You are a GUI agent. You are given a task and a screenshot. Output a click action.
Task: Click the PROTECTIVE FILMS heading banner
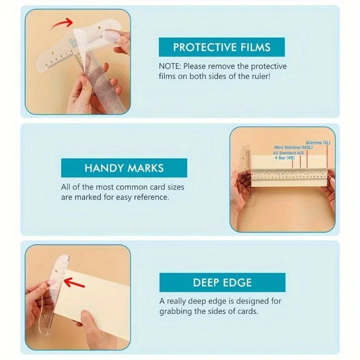(222, 47)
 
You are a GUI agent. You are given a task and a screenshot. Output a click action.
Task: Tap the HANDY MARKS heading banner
(124, 168)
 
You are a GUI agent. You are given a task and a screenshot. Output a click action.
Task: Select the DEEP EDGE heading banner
(222, 283)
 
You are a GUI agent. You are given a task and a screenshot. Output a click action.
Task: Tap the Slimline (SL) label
(318, 143)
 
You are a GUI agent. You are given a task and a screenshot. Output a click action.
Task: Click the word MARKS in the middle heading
(145, 168)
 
